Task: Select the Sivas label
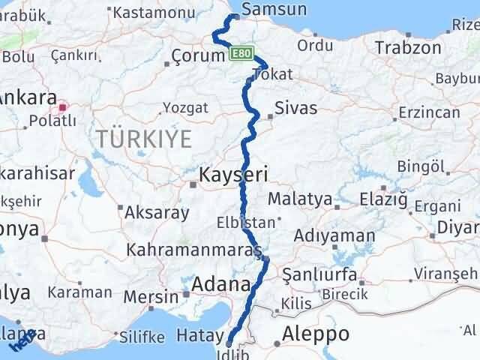(x=296, y=108)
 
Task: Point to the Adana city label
(x=221, y=285)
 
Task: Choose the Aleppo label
(x=317, y=334)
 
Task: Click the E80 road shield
(x=239, y=54)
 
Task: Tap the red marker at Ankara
(x=63, y=107)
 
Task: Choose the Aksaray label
(x=157, y=212)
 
